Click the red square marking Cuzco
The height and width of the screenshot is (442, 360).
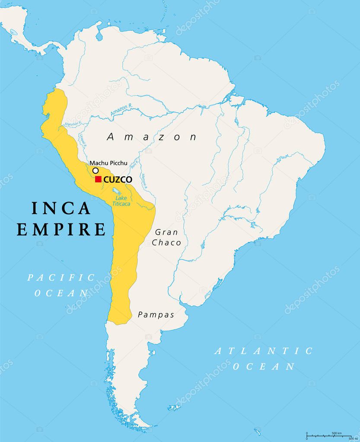pyautogui.click(x=98, y=179)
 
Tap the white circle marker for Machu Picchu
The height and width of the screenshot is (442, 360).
pyautogui.click(x=96, y=171)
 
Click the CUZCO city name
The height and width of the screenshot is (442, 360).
pyautogui.click(x=118, y=179)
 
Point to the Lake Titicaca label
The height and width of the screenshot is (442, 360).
pyautogui.click(x=121, y=201)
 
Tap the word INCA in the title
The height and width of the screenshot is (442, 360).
pyautogui.click(x=61, y=208)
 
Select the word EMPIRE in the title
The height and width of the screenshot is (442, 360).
pyautogui.click(x=61, y=229)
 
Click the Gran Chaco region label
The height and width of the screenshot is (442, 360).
pyautogui.click(x=166, y=237)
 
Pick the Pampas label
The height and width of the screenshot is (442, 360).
pyautogui.click(x=156, y=315)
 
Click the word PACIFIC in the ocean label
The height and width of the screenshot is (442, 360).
pyautogui.click(x=61, y=277)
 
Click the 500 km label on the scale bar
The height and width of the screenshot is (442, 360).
pyautogui.click(x=337, y=433)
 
